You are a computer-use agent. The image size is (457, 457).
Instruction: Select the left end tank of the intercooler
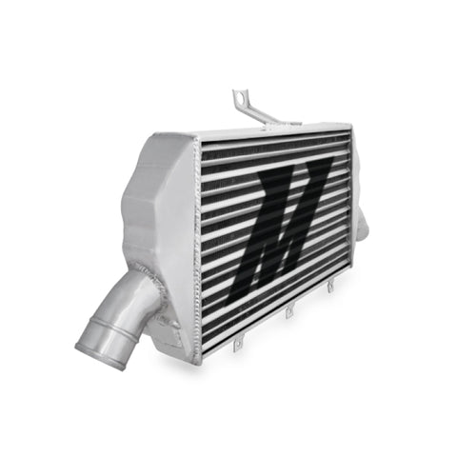pos(162,219)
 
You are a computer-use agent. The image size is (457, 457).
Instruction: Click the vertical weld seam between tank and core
pos(198,248)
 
